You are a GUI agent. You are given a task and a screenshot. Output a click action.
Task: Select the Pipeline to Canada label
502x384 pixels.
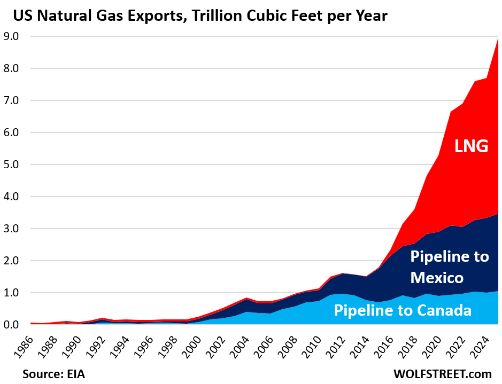coord(403,310)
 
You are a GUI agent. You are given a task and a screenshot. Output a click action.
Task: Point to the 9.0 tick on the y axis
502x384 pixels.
coord(11,36)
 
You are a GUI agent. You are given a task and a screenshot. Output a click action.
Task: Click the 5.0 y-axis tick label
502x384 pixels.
coord(11,164)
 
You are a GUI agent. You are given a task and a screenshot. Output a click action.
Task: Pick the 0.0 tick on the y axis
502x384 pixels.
coord(11,325)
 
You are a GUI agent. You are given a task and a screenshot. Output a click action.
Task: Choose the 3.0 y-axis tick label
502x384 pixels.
coord(11,229)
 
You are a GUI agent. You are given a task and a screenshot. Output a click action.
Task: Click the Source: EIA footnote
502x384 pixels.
coord(54,373)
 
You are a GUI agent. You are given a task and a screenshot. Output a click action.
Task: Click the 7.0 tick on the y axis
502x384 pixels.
coord(11,100)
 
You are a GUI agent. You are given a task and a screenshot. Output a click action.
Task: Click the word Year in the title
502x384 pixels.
coord(372,16)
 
